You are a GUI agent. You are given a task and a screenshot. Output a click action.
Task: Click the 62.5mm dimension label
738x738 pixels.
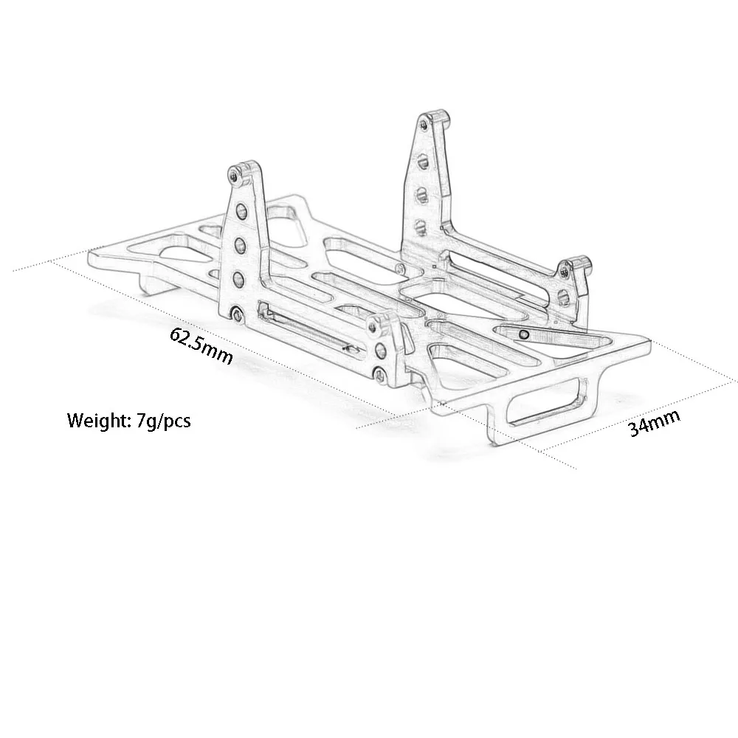[x=201, y=344]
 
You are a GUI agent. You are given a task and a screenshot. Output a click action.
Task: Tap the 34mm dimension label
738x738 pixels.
[x=654, y=424]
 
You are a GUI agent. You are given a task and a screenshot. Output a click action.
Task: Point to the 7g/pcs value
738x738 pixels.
[x=163, y=421]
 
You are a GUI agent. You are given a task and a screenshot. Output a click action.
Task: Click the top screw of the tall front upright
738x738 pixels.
[x=235, y=173]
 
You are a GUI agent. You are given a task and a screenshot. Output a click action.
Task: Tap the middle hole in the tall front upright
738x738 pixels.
[x=241, y=244]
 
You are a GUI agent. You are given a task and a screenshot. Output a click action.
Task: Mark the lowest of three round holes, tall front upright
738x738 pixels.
[x=239, y=279]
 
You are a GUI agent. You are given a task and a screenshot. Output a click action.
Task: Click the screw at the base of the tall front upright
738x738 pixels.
[x=236, y=315]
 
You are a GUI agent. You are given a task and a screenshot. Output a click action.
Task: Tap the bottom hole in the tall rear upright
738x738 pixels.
[x=421, y=225]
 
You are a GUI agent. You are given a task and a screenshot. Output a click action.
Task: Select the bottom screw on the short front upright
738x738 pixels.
[x=380, y=376]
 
